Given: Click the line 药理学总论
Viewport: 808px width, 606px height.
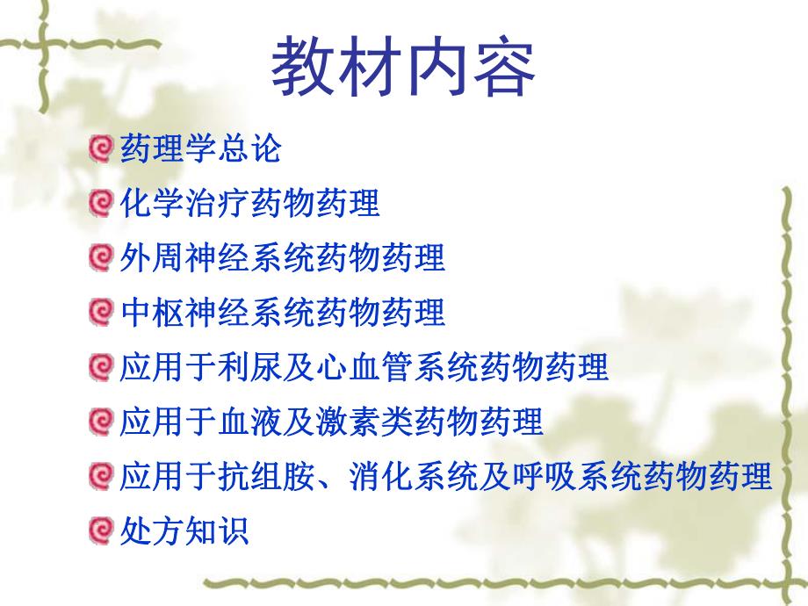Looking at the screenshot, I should [199, 148].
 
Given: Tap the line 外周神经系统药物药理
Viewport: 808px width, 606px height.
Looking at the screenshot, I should [281, 257].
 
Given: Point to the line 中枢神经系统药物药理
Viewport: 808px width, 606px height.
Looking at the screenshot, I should [281, 312].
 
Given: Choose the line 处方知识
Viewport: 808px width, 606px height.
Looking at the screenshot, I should [184, 530].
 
